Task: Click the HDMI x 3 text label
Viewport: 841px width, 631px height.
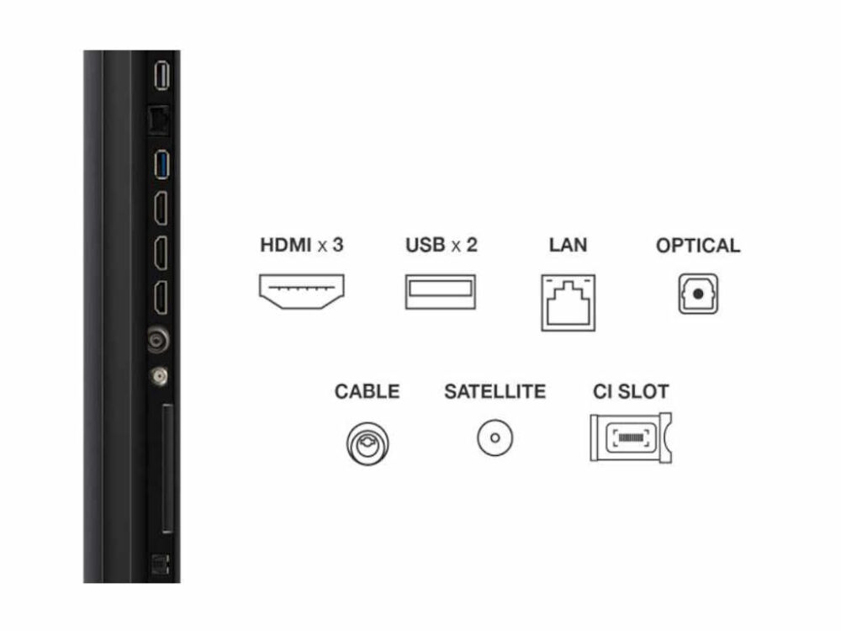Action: (x=302, y=246)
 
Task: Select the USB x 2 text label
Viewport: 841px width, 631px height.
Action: (x=441, y=246)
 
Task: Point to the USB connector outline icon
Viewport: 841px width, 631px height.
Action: (x=441, y=292)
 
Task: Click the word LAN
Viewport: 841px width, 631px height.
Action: (x=568, y=246)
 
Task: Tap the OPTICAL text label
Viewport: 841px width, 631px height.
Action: (x=698, y=246)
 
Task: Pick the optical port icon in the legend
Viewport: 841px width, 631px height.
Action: (x=698, y=295)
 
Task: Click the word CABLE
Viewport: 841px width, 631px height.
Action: (x=368, y=391)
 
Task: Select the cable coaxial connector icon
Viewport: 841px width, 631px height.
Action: (x=368, y=441)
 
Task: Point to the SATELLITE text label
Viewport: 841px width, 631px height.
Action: (x=495, y=391)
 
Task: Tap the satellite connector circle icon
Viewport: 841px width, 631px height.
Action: (x=495, y=437)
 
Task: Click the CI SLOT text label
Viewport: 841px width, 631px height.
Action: (x=631, y=391)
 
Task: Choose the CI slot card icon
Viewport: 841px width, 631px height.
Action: (x=631, y=437)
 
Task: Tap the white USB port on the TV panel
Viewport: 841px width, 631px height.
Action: (x=163, y=76)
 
